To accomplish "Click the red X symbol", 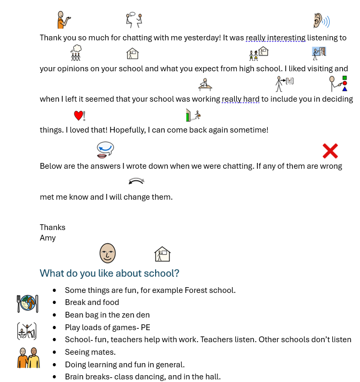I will (330, 151).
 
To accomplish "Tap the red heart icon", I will (79, 116).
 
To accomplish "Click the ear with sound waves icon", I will (321, 21).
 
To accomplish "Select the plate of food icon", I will (27, 303).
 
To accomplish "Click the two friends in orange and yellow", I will (28, 357).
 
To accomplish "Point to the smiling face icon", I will (107, 253).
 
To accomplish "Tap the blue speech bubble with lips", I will (105, 150).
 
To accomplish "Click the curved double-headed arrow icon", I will (136, 181).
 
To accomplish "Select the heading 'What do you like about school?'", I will (110, 273).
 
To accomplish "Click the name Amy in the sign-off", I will (48, 238).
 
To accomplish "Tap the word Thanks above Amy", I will (52, 227).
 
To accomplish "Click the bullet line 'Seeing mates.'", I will (90, 352).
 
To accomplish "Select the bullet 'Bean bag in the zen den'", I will (107, 315).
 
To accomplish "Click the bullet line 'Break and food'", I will (92, 302).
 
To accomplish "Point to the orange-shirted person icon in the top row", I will (63, 20).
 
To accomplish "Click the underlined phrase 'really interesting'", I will (276, 38).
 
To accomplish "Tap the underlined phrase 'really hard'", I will (241, 99).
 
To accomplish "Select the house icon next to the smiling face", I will (162, 254).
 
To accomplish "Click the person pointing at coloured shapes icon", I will (338, 83).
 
